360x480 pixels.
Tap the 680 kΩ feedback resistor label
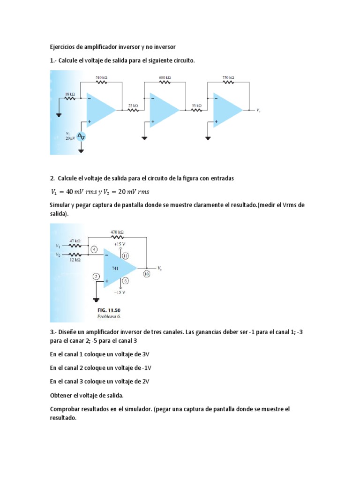point(165,77)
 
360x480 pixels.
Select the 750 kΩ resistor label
point(228,77)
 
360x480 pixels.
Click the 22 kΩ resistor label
point(133,106)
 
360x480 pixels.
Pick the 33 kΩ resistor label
point(196,106)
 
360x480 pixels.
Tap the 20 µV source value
point(70,139)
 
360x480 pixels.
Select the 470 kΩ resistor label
point(117,232)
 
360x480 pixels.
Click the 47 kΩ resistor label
point(75,240)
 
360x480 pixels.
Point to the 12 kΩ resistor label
point(75,259)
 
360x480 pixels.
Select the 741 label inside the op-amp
point(115,269)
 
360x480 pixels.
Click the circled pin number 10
point(146,275)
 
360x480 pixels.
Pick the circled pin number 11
point(126,255)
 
